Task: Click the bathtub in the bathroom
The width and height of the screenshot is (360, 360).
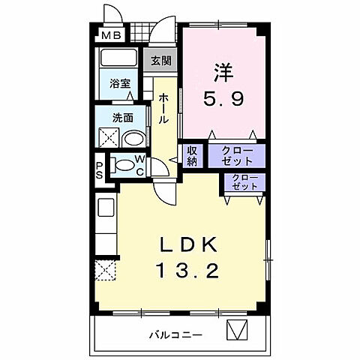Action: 116,60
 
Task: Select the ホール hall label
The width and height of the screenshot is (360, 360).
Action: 163,109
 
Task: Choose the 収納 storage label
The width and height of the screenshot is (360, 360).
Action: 192,156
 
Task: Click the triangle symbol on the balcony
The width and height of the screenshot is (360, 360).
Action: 236,329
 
